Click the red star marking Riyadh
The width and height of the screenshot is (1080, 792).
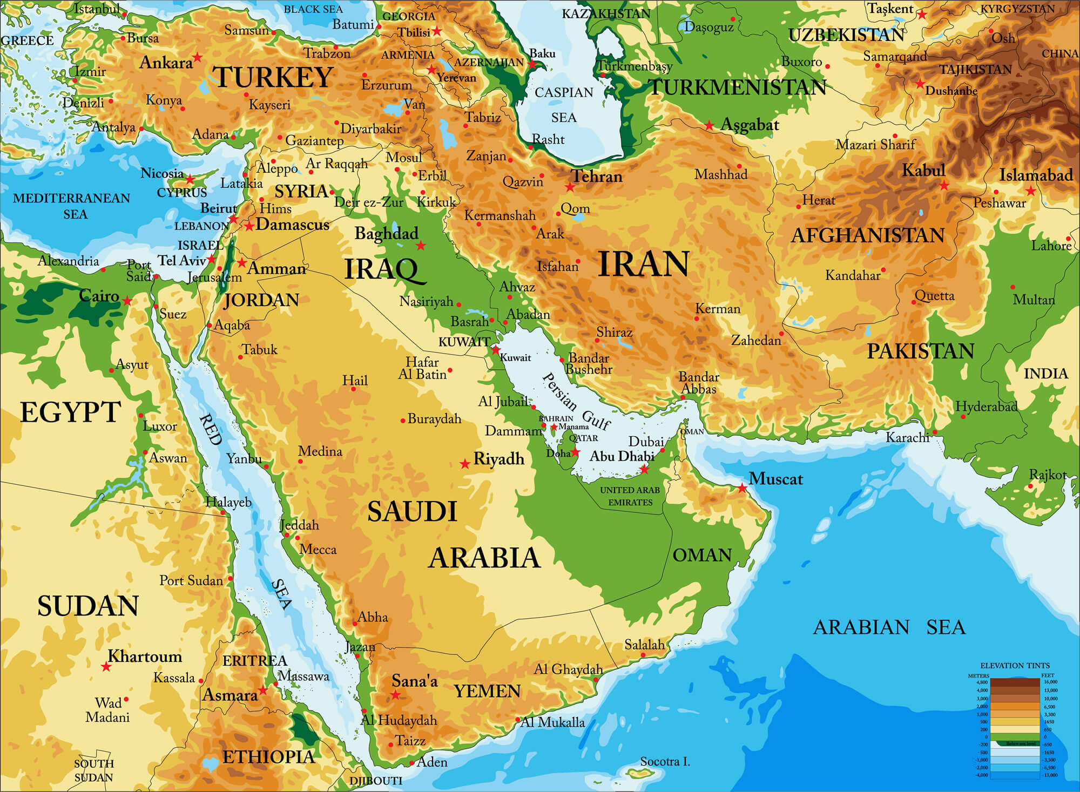(x=464, y=464)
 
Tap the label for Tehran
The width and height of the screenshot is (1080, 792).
(x=597, y=177)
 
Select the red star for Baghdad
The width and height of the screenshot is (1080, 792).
(x=421, y=246)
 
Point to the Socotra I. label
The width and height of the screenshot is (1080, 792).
(x=665, y=762)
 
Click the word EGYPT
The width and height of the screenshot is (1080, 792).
(x=70, y=413)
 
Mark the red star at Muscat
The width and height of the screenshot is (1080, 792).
(x=742, y=488)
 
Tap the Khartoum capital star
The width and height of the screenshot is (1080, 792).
(x=106, y=667)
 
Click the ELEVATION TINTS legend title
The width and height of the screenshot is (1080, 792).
(x=1015, y=666)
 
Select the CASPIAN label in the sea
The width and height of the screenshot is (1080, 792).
(x=564, y=92)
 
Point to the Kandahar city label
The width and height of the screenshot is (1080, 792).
(x=853, y=275)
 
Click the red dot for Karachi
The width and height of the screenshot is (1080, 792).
(x=935, y=432)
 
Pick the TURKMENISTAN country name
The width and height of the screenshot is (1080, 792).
(x=738, y=87)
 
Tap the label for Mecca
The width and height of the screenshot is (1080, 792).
(x=318, y=550)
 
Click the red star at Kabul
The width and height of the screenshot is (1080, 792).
(x=944, y=186)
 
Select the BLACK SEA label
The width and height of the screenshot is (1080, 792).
(x=313, y=9)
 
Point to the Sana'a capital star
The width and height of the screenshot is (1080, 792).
(x=396, y=695)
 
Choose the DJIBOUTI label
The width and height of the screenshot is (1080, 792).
(x=376, y=781)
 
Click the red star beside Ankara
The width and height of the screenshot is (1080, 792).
(x=198, y=57)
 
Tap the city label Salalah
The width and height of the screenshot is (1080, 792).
(x=644, y=645)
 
